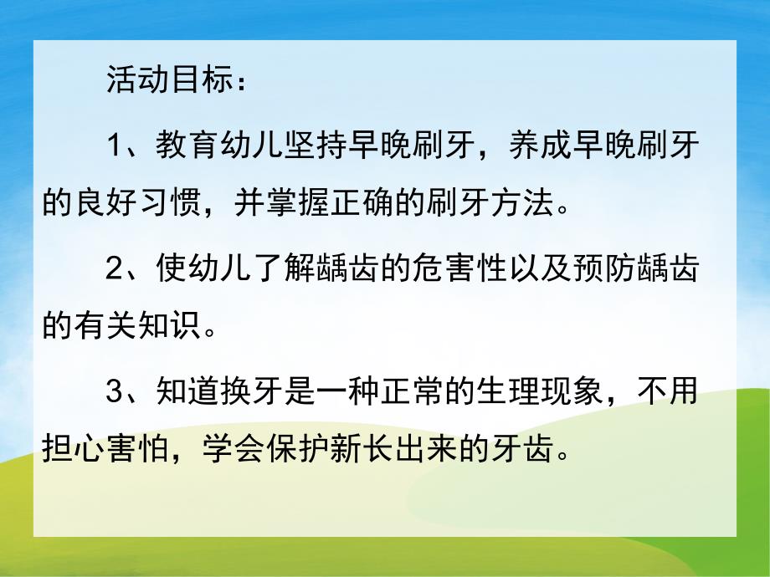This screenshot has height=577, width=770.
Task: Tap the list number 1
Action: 116,146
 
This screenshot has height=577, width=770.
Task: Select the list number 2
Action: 116,268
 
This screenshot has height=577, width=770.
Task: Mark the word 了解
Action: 275,268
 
